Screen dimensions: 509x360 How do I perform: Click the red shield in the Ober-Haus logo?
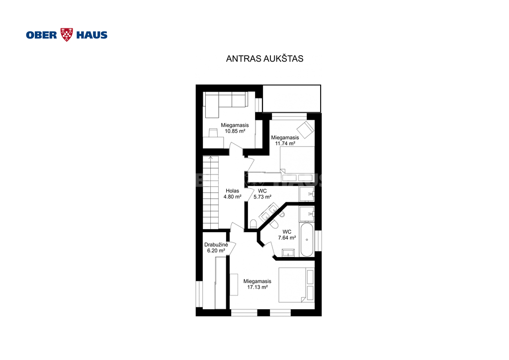pyautogui.click(x=67, y=35)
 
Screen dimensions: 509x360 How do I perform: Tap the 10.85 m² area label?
pyautogui.click(x=235, y=131)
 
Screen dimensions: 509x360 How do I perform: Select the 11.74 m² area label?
pyautogui.click(x=285, y=143)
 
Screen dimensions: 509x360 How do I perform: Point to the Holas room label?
pyautogui.click(x=233, y=191)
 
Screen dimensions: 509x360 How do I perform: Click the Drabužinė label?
pyautogui.click(x=216, y=245)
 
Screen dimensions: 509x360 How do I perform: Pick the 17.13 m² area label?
pyautogui.click(x=257, y=287)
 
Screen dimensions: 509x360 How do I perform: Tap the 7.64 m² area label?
pyautogui.click(x=287, y=238)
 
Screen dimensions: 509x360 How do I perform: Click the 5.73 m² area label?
pyautogui.click(x=262, y=197)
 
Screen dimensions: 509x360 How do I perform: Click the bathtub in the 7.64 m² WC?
pyautogui.click(x=307, y=240)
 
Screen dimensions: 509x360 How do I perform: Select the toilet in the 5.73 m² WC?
pyautogui.click(x=253, y=224)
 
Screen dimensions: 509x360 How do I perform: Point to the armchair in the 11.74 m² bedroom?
pyautogui.click(x=305, y=130)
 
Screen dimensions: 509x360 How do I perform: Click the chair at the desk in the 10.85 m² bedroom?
pyautogui.click(x=213, y=132)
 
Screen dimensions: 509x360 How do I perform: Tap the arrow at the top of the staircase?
pyautogui.click(x=211, y=158)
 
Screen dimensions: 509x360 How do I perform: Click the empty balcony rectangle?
pyautogui.click(x=291, y=98)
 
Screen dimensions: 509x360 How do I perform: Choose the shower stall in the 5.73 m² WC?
pyautogui.click(x=307, y=194)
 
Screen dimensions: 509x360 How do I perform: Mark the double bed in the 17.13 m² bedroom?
pyautogui.click(x=296, y=285)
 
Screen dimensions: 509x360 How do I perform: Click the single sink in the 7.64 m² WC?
pyautogui.click(x=288, y=253)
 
